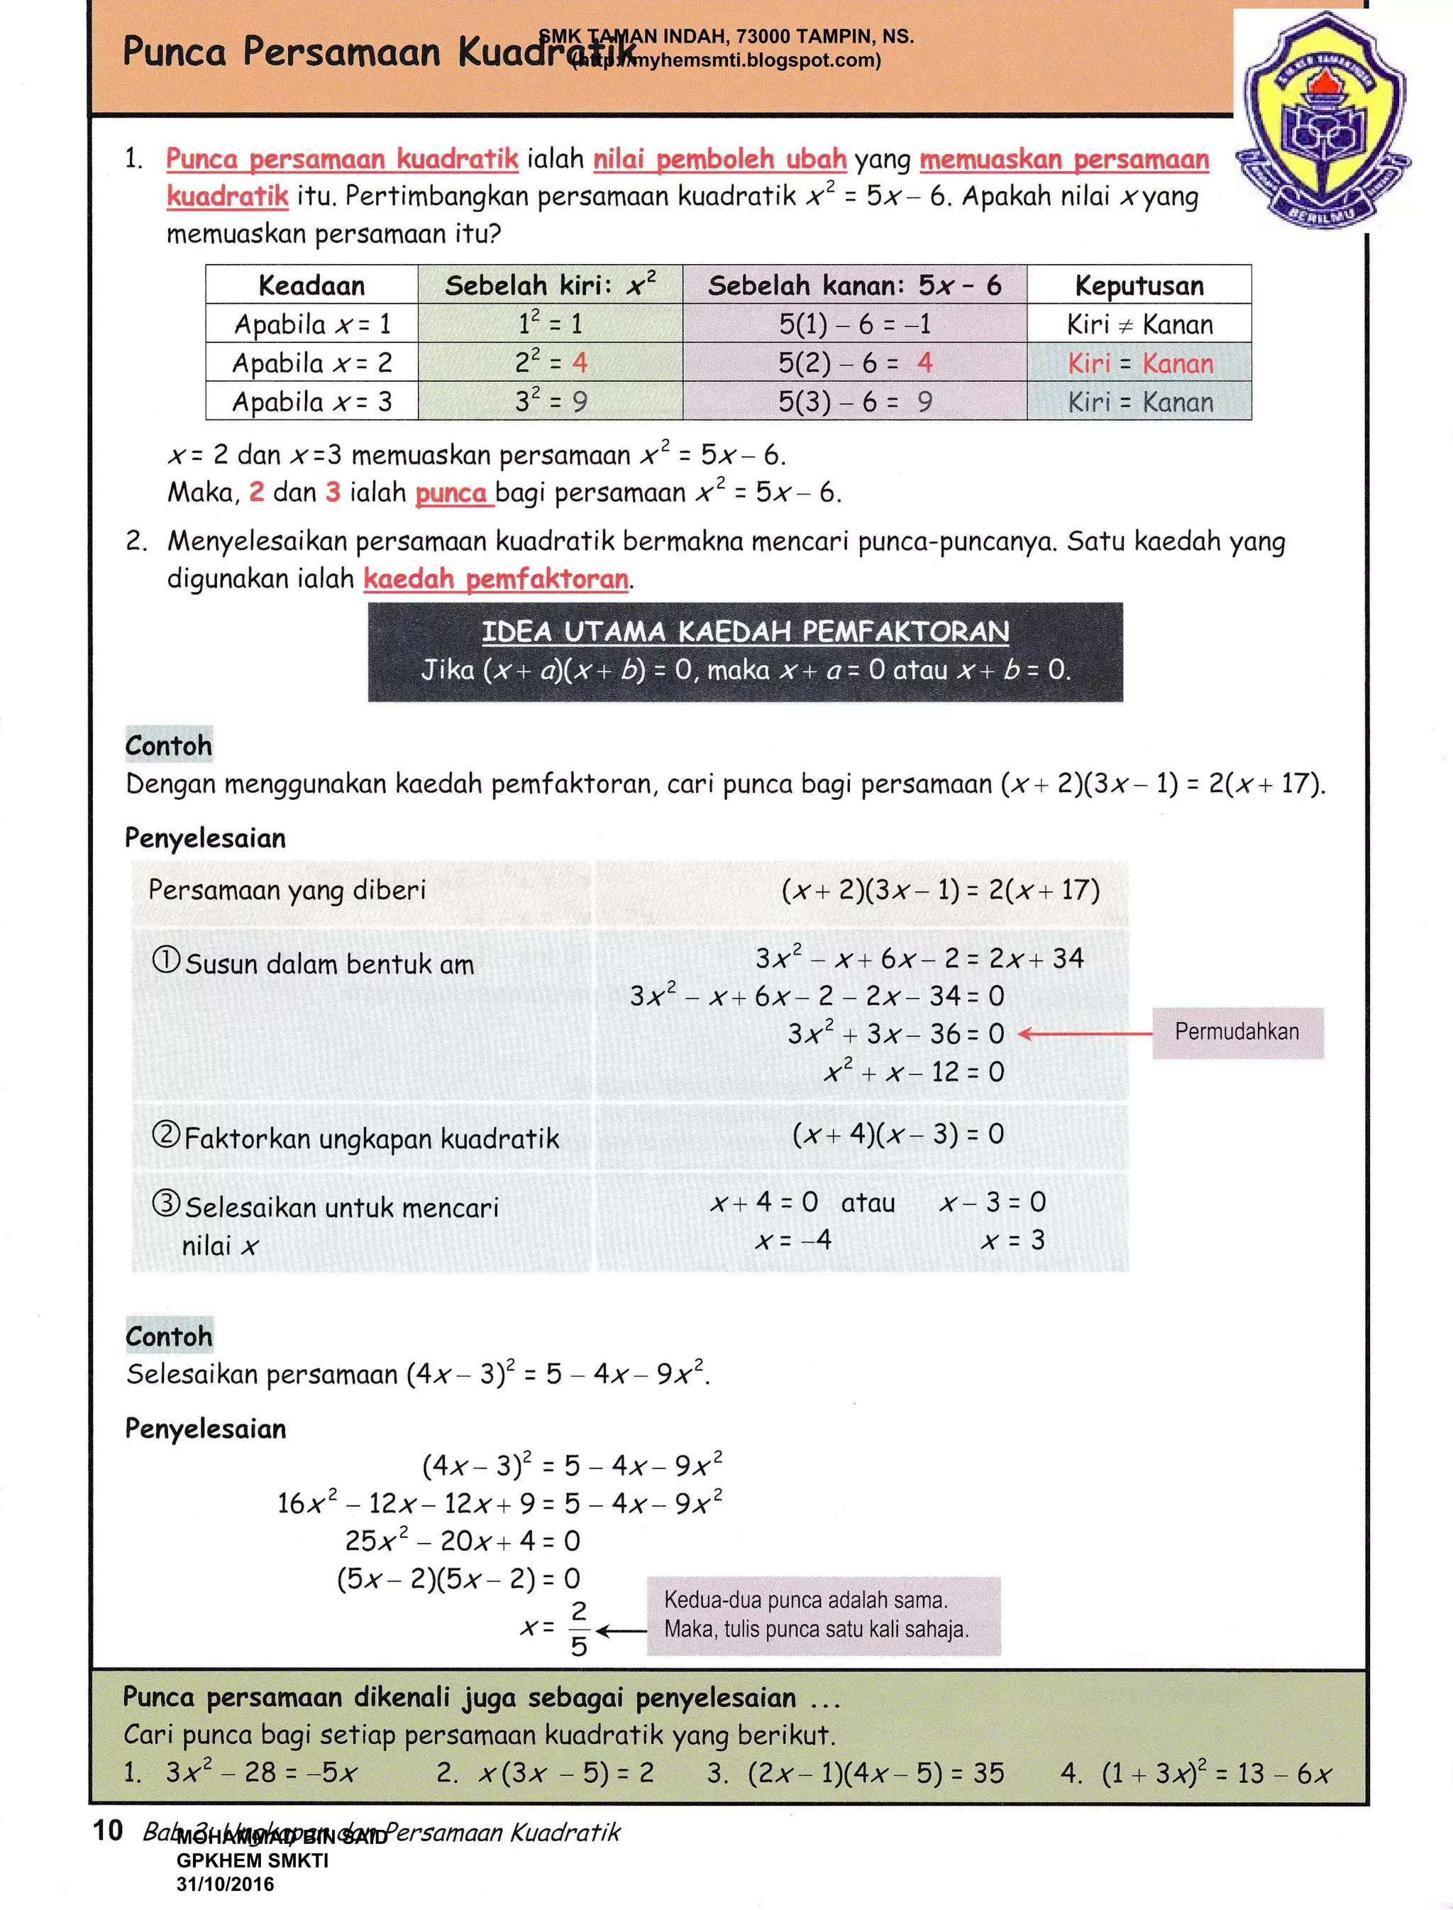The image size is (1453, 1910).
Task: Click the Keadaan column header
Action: (x=311, y=285)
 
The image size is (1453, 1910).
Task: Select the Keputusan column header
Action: (x=1139, y=285)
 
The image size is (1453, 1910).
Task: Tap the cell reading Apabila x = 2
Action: (x=311, y=363)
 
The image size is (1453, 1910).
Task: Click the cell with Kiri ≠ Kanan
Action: (x=1139, y=324)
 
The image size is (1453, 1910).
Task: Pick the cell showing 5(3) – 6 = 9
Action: (x=854, y=402)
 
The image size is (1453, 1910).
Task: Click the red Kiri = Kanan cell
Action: (x=1139, y=363)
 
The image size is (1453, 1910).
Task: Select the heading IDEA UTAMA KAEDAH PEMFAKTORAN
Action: (x=745, y=632)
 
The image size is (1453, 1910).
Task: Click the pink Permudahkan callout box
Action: (x=1237, y=1032)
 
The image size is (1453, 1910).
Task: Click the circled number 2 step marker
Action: (x=166, y=1134)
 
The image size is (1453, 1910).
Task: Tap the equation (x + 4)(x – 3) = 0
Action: (x=897, y=1134)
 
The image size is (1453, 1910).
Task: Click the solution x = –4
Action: (x=793, y=1239)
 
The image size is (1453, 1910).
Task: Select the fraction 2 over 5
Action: (x=579, y=1629)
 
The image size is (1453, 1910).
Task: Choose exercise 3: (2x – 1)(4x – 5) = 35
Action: (x=854, y=1773)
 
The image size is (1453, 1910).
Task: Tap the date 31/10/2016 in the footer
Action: (x=225, y=1884)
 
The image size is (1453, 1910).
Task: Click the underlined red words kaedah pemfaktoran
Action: (x=496, y=578)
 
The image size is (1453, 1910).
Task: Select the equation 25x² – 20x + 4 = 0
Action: (x=462, y=1541)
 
